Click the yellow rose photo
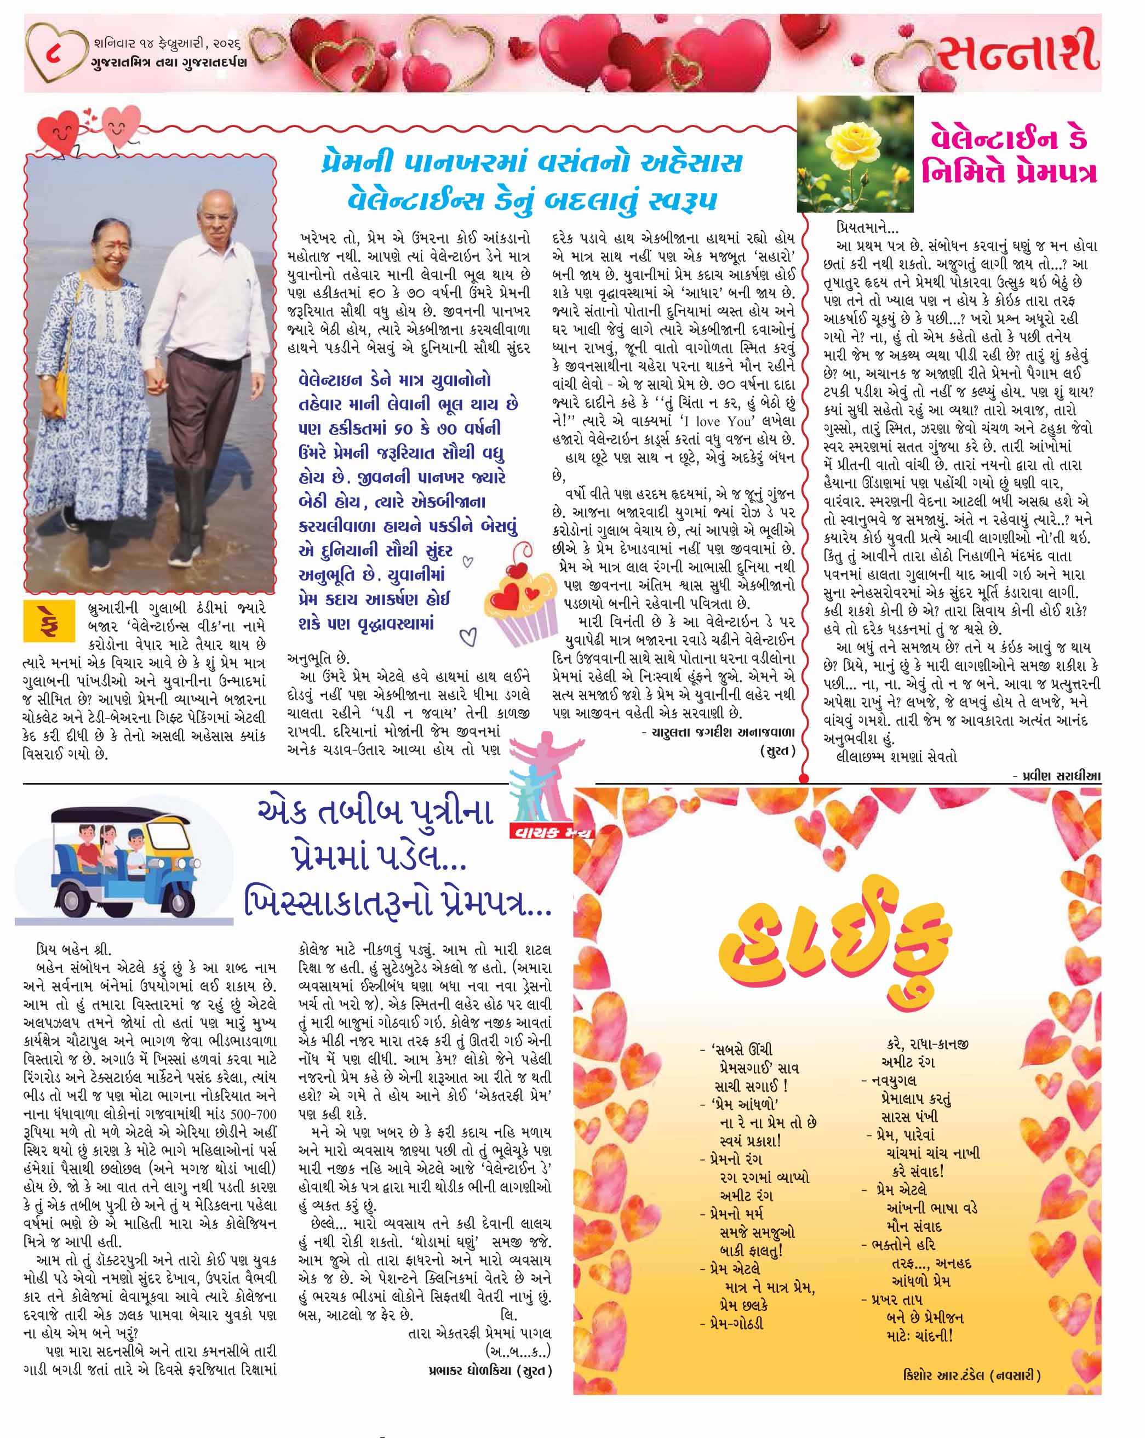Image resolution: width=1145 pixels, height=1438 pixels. [x=856, y=154]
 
